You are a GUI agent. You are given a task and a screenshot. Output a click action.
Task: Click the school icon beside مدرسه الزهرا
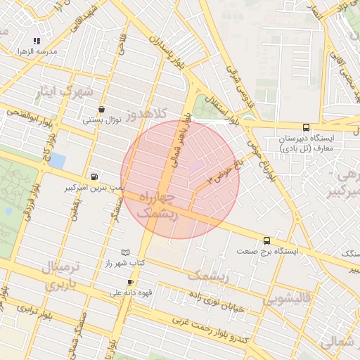37,41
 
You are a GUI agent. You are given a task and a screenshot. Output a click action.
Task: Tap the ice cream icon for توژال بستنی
103,109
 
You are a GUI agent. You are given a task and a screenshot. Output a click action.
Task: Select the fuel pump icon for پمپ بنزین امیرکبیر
95,176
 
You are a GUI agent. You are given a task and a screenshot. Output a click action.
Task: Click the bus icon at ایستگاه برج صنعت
266,240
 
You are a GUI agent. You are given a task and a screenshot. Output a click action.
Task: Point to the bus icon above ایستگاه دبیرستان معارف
306,127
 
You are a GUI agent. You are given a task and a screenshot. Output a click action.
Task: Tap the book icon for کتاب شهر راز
126,252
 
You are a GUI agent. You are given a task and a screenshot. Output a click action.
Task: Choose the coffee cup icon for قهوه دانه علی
130,283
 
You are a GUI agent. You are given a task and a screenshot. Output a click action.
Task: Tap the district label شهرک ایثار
77,91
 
